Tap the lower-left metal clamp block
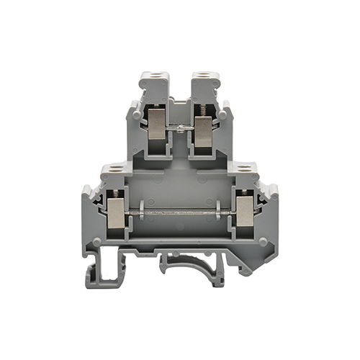[x=116, y=212]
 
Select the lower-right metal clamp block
[x=244, y=212]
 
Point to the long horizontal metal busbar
[x=180, y=211]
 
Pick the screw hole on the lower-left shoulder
[x=116, y=169]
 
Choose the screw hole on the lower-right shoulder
[x=244, y=169]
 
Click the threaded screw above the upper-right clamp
[x=204, y=111]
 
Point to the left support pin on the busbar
[x=142, y=210]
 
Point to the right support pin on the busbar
[x=218, y=210]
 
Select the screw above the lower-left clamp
[x=116, y=194]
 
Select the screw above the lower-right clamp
[x=245, y=194]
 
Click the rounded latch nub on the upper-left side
[x=136, y=112]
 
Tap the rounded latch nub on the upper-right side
[x=224, y=112]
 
